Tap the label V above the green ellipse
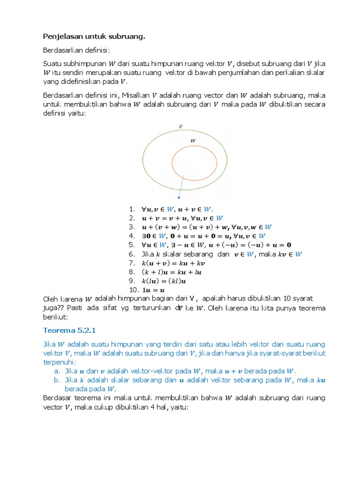[180, 126]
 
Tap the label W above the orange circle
[193, 140]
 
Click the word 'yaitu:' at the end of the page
[178, 407]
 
